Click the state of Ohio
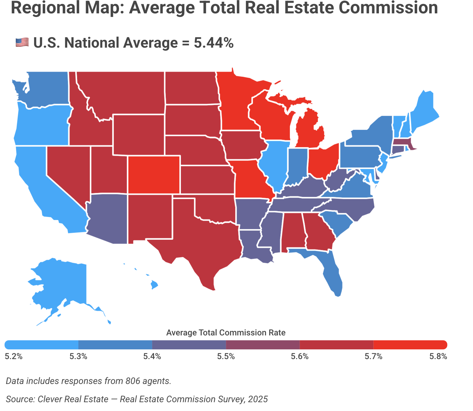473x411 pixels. tap(323, 161)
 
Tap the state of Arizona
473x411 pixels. tap(108, 219)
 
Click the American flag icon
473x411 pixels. tap(22, 42)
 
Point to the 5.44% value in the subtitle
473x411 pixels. tap(214, 42)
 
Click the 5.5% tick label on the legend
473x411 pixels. tap(226, 356)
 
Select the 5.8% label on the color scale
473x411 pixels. tap(438, 356)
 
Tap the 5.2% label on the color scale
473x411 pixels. tap(14, 356)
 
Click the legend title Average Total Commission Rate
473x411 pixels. tap(226, 333)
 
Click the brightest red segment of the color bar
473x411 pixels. tap(410, 345)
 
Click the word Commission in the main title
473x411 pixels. tap(388, 8)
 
